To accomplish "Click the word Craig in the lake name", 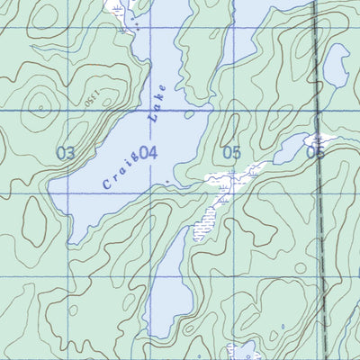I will pyautogui.click(x=121, y=168).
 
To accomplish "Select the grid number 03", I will pyautogui.click(x=66, y=153).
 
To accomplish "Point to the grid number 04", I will pyautogui.click(x=148, y=153).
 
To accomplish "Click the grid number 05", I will pyautogui.click(x=232, y=153).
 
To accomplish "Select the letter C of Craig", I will pyautogui.click(x=106, y=184).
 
